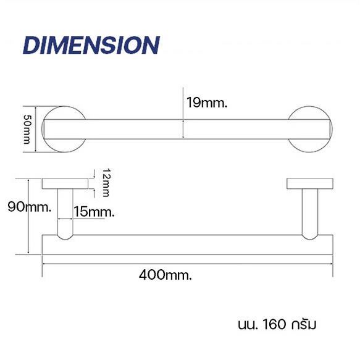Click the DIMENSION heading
pyautogui.click(x=91, y=45)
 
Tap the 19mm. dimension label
pyautogui.click(x=207, y=103)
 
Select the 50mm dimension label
pyautogui.click(x=27, y=129)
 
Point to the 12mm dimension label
pyautogui.click(x=106, y=183)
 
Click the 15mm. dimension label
pyautogui.click(x=94, y=211)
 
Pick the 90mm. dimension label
pyautogui.click(x=30, y=207)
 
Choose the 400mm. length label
pyautogui.click(x=165, y=275)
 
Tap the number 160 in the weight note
pyautogui.click(x=274, y=324)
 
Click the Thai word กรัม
pyautogui.click(x=304, y=324)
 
